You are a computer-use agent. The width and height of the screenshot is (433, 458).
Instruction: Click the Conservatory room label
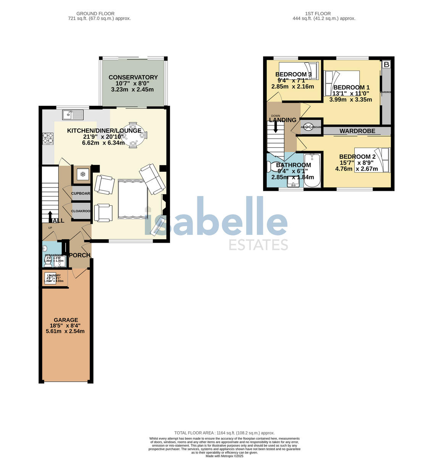coord(133,77)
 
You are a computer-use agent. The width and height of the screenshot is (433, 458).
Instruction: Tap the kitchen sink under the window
coord(73,114)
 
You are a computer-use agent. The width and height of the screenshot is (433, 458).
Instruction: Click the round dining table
coord(133,134)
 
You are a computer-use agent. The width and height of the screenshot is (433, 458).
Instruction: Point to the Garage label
coord(66,320)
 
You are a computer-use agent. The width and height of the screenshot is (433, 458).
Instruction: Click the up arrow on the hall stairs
coord(51,216)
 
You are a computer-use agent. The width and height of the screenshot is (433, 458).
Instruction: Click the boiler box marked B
coord(386,65)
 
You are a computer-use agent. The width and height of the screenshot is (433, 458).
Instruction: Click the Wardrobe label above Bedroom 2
coord(357,131)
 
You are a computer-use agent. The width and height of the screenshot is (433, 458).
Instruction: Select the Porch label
coord(79,255)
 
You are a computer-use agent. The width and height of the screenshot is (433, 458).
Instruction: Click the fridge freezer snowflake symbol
coord(82,174)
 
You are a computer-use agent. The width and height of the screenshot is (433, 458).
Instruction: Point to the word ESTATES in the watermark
coord(258,244)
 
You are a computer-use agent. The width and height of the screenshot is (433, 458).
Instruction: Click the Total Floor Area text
coord(224,433)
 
